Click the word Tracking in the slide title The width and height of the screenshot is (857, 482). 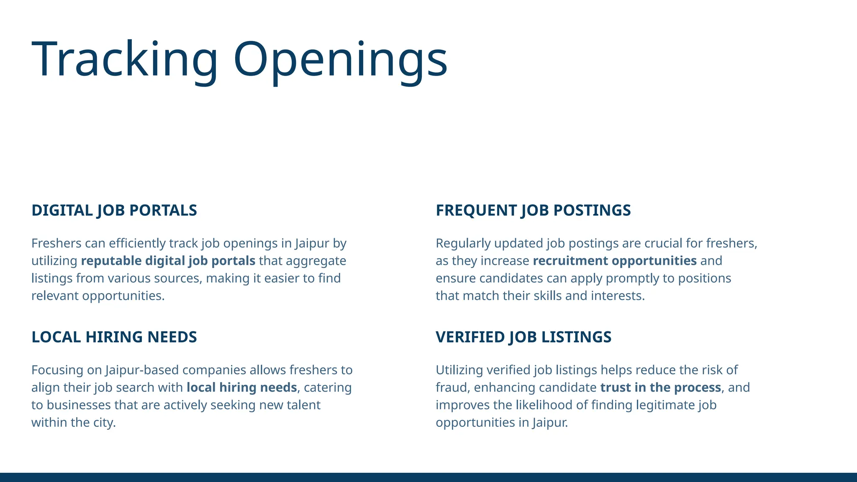coord(124,59)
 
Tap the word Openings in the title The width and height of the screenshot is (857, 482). coord(340,59)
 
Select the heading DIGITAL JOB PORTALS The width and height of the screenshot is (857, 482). coord(114,210)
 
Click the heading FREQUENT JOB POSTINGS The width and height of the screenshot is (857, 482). coord(533,210)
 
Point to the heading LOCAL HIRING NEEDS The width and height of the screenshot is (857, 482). coord(114,337)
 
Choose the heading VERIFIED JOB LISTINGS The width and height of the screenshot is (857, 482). coord(523,337)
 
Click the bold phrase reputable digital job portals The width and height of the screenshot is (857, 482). coord(168,261)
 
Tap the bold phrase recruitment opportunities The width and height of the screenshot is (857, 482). coord(615,261)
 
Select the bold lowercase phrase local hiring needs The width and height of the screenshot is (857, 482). coord(242,388)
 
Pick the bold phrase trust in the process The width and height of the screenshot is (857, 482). coord(661,388)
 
